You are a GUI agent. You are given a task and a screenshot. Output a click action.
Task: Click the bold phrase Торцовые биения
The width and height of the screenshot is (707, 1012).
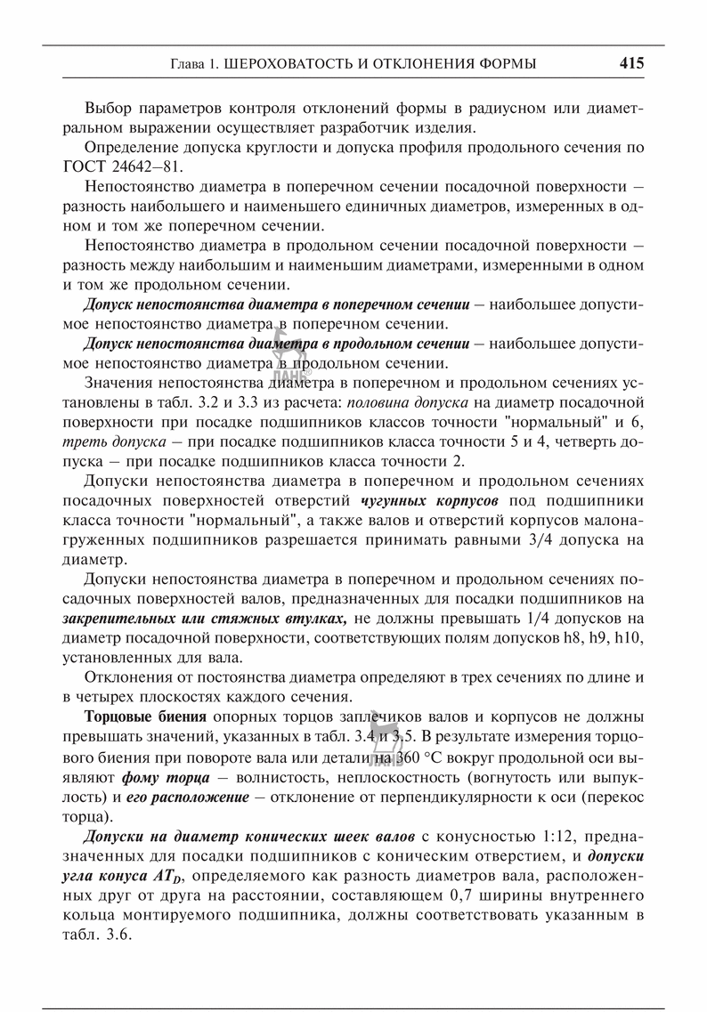(x=146, y=717)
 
